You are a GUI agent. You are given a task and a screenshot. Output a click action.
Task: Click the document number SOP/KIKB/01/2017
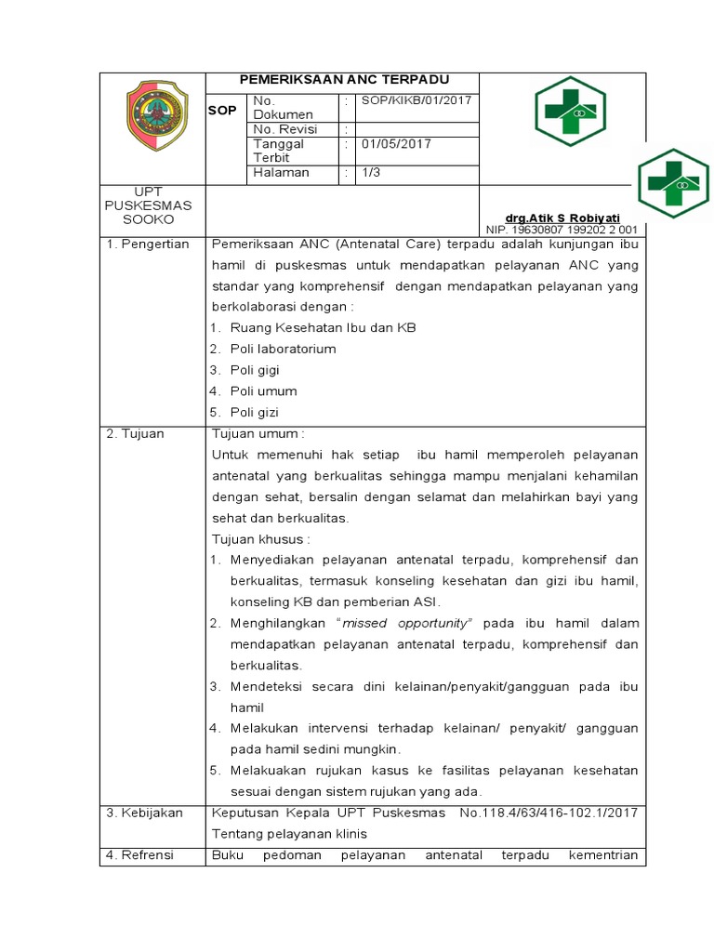403,100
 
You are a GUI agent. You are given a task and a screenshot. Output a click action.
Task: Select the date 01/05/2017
396,144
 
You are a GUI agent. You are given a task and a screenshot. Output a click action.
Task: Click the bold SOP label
222,110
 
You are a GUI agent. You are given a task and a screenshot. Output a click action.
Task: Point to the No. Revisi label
284,129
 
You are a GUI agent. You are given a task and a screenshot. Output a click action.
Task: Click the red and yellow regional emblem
155,115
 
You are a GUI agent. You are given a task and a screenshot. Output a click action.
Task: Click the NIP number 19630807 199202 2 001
562,229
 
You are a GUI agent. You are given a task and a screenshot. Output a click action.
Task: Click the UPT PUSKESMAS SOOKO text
149,205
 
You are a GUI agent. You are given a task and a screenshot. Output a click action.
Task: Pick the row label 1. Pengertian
147,245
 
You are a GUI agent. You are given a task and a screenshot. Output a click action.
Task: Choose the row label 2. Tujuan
135,434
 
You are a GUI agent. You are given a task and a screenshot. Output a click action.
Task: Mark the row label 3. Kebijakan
144,813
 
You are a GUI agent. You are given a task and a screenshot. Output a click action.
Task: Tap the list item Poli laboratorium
283,350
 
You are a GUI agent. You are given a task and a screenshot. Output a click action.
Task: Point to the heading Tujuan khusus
261,539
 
